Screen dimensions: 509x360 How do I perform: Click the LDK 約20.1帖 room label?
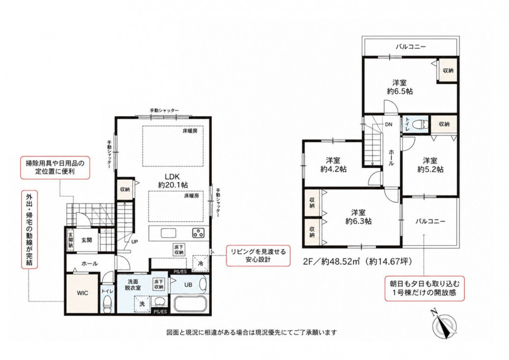point(173,180)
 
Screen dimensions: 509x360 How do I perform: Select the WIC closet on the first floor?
point(82,293)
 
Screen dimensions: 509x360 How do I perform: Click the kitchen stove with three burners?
point(198,233)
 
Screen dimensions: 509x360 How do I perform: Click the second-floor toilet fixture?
point(419,124)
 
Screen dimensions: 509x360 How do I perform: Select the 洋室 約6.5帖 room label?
point(399,87)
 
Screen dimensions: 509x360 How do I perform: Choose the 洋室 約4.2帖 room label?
point(333,164)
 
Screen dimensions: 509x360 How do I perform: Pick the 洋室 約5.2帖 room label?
point(430,165)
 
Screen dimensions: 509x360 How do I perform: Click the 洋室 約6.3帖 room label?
point(358,217)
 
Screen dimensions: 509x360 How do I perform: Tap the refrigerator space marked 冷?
point(201,264)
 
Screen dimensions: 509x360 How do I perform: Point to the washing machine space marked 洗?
point(142,304)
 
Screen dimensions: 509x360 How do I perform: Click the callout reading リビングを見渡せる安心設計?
point(258,256)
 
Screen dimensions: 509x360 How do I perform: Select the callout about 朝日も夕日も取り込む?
point(425,288)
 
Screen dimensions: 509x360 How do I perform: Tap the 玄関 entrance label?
point(87,240)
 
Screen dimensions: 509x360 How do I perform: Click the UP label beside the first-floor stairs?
point(135,241)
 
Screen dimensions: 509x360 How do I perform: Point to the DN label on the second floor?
point(388,124)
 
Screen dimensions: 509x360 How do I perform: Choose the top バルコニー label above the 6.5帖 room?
point(411,47)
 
